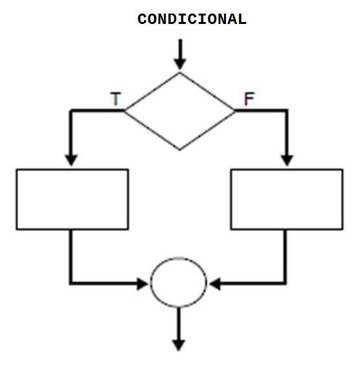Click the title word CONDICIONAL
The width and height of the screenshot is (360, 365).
192,19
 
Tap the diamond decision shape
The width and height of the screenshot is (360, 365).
180,111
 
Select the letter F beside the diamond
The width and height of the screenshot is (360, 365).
249,100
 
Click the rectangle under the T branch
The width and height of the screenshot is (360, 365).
72,199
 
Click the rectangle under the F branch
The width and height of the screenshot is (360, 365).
287,199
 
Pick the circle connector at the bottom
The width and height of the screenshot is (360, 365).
179,283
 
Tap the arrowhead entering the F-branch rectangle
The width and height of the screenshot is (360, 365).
287,160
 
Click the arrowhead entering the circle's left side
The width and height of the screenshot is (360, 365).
144,283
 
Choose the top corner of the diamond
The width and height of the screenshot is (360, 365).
180,72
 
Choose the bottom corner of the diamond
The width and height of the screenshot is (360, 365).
180,150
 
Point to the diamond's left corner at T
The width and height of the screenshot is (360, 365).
124,111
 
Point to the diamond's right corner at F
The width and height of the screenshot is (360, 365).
236,111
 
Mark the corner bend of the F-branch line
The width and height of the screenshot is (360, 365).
287,111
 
